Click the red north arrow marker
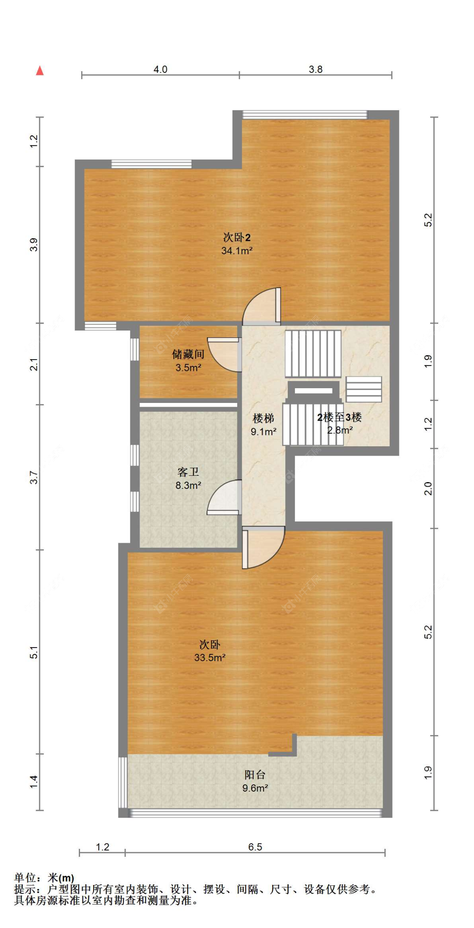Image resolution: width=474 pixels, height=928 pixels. click(40, 70)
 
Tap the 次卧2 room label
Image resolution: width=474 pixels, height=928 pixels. click(237, 237)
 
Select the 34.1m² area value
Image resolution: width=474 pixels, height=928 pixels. click(237, 251)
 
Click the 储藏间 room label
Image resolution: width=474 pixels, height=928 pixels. click(188, 354)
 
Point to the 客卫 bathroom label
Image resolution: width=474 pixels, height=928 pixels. click(188, 472)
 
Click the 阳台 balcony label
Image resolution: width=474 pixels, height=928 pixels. click(255, 774)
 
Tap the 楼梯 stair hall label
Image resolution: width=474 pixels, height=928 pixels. click(263, 418)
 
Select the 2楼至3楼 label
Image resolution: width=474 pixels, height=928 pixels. click(339, 417)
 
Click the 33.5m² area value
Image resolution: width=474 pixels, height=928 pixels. click(210, 657)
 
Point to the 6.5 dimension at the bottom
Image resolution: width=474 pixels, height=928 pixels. click(255, 847)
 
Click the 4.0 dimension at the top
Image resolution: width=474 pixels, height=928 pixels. click(160, 69)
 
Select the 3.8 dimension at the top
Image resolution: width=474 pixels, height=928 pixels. click(316, 69)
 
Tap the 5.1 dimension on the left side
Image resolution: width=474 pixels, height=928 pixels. click(34, 652)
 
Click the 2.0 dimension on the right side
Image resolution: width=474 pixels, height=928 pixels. click(428, 488)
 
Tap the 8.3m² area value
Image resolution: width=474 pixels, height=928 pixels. click(188, 485)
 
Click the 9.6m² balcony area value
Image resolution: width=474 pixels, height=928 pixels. click(255, 788)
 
